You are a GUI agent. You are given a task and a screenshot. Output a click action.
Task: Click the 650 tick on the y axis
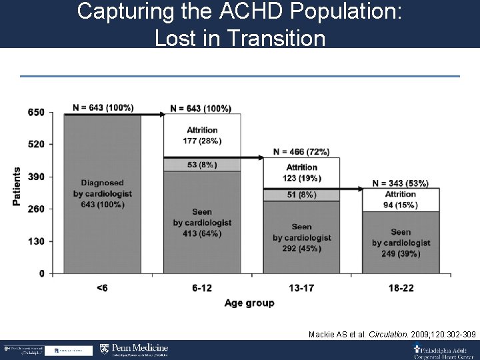pos(36,113)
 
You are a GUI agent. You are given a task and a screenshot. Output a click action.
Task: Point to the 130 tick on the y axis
pos(36,241)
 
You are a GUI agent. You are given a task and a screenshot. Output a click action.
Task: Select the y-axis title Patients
pos(17,186)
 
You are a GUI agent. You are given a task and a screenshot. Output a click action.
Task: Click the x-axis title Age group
pos(249,303)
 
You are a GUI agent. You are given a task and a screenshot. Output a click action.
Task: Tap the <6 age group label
pos(103,287)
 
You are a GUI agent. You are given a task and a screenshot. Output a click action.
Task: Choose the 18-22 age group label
pos(401,287)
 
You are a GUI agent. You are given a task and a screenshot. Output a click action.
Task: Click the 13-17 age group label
pos(301,287)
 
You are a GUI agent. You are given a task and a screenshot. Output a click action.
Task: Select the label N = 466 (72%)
pos(301,151)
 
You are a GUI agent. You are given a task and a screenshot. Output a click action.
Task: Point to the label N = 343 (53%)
pos(401,183)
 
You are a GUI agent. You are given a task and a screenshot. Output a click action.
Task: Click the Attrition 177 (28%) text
pos(202,135)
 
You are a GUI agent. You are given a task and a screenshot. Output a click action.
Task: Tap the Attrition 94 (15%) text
pos(401,199)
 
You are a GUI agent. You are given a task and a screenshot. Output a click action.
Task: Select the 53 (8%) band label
pos(202,165)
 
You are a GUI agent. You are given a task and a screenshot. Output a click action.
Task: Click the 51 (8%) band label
pos(301,195)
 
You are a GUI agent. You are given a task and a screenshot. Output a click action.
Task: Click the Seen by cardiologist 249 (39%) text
pos(401,243)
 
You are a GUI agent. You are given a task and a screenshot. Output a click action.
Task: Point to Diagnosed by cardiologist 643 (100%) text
pos(103,193)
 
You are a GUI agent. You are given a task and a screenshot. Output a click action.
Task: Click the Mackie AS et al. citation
pos(392,333)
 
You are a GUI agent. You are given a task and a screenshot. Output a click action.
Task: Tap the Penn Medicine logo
pos(134,349)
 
